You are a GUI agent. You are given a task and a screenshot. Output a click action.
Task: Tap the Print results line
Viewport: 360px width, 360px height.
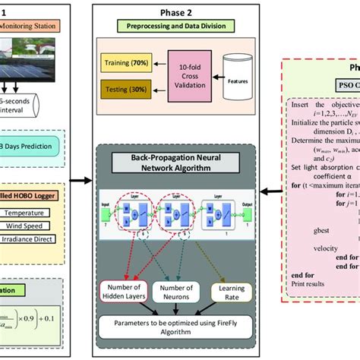[308, 304]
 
